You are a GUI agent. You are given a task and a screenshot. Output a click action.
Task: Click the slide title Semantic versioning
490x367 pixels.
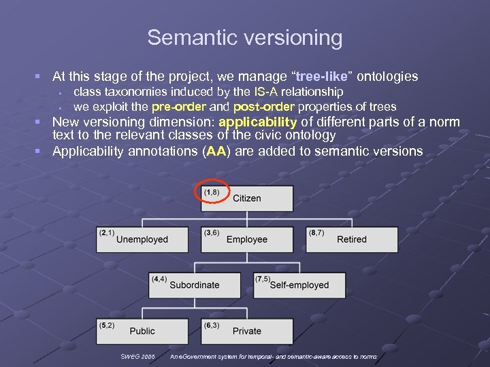pyautogui.click(x=245, y=37)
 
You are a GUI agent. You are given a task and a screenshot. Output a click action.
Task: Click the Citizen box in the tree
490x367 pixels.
pyautogui.click(x=247, y=198)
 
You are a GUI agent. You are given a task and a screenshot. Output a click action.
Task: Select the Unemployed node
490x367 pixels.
pyautogui.click(x=142, y=239)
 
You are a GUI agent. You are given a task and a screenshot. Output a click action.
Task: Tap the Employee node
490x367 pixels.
pyautogui.click(x=247, y=239)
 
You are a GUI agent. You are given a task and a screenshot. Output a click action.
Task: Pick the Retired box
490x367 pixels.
pyautogui.click(x=352, y=239)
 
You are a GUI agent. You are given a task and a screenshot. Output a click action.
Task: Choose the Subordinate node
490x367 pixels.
pyautogui.click(x=195, y=285)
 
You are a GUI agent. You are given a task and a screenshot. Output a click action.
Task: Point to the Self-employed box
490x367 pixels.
pyautogui.click(x=299, y=285)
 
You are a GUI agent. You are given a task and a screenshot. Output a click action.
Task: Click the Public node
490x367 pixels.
pyautogui.click(x=142, y=331)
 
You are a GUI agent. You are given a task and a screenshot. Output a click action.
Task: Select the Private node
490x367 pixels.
pyautogui.click(x=247, y=331)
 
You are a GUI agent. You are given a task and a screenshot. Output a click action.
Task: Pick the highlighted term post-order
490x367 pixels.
pyautogui.click(x=263, y=107)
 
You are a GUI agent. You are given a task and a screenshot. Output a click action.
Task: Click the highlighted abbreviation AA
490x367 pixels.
pyautogui.click(x=216, y=151)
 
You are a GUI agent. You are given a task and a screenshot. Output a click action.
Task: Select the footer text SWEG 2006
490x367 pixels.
pyautogui.click(x=137, y=357)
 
